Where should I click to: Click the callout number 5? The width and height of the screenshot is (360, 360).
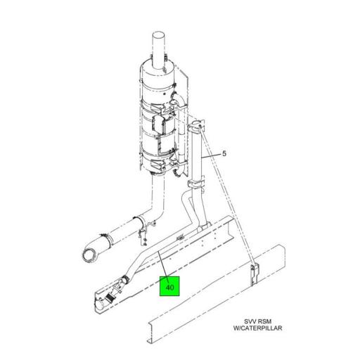(224, 154)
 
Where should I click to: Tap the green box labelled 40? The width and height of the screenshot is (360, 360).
(169, 286)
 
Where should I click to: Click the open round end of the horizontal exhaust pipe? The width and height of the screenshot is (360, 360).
(89, 254)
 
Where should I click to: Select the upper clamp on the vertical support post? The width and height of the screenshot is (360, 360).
(196, 125)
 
